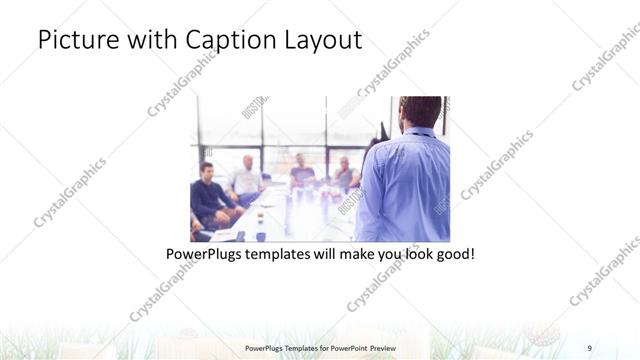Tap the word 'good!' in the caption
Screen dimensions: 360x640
pos(453,254)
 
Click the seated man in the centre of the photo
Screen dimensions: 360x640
pos(301,172)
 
